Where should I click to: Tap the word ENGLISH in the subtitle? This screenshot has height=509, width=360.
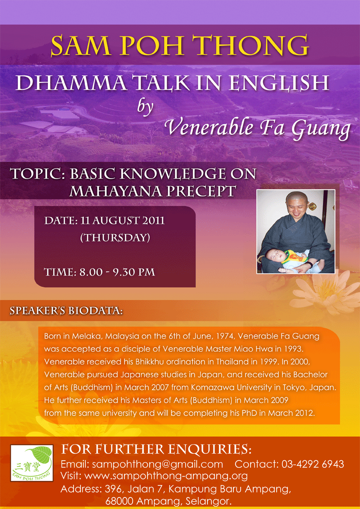click(279, 84)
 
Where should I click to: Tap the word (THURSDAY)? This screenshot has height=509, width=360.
click(115, 238)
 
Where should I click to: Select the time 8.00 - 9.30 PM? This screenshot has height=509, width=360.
click(118, 272)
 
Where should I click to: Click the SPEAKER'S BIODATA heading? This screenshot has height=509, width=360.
click(66, 310)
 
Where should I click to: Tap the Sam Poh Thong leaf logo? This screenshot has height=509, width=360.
click(32, 463)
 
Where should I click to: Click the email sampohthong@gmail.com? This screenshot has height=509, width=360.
click(142, 464)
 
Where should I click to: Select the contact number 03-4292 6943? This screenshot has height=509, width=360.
click(311, 464)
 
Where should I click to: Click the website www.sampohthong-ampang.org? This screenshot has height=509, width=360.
click(166, 476)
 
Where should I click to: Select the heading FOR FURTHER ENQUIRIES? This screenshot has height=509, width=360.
click(156, 450)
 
